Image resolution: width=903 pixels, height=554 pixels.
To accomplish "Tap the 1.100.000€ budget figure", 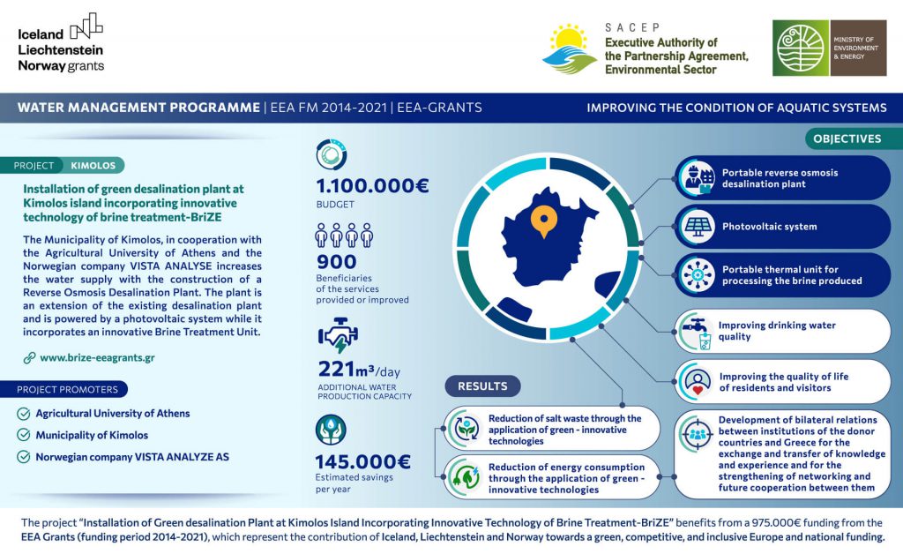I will point(372,186).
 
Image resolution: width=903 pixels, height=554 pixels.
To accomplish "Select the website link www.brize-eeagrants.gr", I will point(97,358).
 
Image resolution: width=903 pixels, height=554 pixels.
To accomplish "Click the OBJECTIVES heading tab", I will point(847,138).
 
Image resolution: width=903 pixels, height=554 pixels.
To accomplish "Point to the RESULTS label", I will point(482,386).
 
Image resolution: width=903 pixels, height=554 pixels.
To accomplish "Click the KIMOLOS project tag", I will point(93,165).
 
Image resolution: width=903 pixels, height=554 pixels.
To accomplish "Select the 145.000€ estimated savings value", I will point(362,461).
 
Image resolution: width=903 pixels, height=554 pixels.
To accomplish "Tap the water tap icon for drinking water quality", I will point(695,331).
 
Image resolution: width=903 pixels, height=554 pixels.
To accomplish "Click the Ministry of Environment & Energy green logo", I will point(801,48).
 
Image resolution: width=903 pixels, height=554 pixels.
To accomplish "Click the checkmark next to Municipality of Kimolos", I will point(23,435).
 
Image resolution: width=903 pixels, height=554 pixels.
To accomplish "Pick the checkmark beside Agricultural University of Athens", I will point(23,413).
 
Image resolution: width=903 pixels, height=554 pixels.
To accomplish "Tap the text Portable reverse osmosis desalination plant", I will point(780,178).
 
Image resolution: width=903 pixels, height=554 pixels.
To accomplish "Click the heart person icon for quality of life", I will point(697,381).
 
